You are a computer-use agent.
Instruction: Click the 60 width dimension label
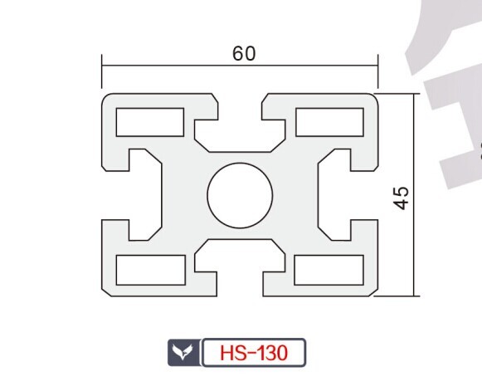point(244,53)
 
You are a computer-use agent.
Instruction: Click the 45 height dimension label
point(402,198)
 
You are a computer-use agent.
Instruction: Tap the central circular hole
point(240,195)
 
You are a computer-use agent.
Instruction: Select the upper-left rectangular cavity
point(150,122)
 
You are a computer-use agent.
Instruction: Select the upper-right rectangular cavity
point(329,122)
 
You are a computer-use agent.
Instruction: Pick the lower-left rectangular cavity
point(151,270)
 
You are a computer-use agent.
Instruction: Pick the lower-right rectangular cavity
point(329,270)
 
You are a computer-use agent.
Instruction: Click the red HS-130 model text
point(254,353)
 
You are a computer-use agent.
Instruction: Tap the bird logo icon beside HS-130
point(183,352)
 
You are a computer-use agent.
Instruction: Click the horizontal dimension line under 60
point(240,66)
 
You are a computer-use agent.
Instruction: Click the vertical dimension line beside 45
point(414,195)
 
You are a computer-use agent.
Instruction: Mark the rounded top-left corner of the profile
point(105,96)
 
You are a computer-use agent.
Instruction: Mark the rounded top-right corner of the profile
point(375,96)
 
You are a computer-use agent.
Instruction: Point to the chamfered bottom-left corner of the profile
point(106,292)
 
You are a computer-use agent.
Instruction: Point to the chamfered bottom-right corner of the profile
point(373,292)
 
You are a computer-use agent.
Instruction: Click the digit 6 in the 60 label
point(237,53)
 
